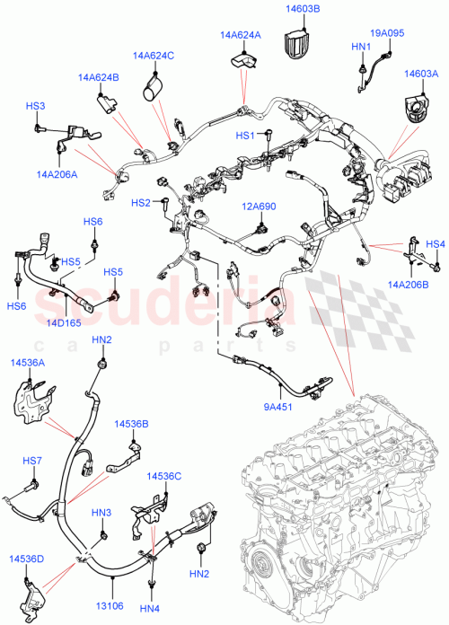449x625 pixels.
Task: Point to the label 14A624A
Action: coord(240,35)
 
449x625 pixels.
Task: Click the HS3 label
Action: coord(35,106)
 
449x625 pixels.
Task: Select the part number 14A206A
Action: coord(57,174)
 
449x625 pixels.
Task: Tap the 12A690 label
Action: coord(258,207)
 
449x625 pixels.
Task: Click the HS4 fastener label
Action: coord(435,244)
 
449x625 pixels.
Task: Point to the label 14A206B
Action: coord(408,284)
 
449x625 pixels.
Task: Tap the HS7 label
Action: coord(32,461)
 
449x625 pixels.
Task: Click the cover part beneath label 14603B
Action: coord(297,41)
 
